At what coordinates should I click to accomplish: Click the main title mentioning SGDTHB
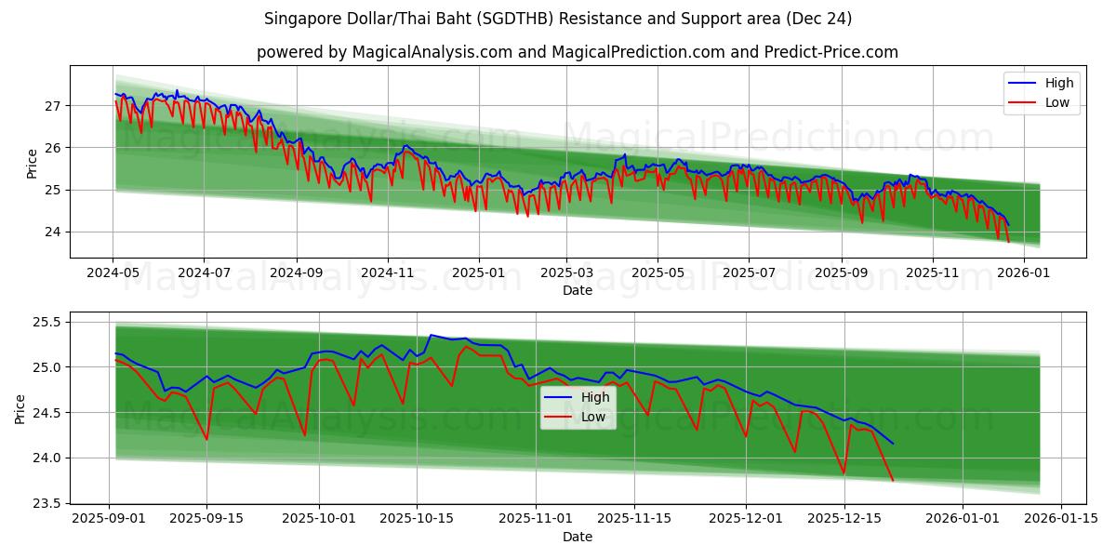point(558,19)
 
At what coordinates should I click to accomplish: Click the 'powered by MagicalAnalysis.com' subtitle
point(577,52)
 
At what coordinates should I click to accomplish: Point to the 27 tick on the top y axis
point(52,106)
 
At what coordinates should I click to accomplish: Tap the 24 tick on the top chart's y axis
point(52,232)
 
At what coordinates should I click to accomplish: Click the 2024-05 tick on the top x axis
point(113,273)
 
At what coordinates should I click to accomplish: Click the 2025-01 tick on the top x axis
point(479,273)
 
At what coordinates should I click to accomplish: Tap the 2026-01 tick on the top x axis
point(1024,273)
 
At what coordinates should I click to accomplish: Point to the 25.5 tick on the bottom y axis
point(46,323)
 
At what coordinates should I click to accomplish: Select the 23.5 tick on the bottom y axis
point(46,503)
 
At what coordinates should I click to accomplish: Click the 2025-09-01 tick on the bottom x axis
point(110,519)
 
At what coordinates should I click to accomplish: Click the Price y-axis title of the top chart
point(33,163)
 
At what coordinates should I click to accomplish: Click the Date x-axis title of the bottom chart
point(577,537)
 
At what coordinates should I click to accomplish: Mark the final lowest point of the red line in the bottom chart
point(893,480)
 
